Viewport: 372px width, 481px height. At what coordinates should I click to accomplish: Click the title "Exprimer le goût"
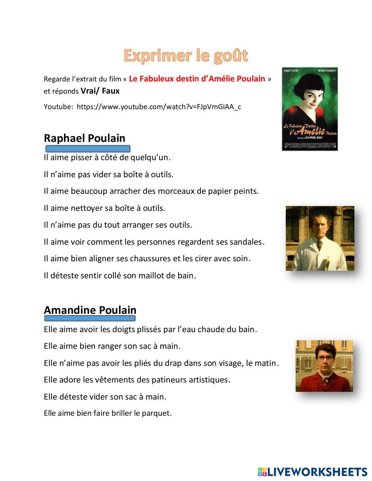[186, 55]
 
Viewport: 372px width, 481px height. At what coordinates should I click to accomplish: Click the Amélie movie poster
[310, 109]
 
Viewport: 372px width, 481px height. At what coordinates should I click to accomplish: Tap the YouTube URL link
[159, 107]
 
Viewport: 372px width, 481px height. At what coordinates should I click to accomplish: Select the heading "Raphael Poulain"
[84, 138]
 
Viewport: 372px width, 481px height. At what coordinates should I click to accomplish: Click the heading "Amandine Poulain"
[90, 310]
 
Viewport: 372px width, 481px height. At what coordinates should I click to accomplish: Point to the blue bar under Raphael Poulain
[87, 149]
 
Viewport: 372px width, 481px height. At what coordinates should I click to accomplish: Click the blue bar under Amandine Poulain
[90, 319]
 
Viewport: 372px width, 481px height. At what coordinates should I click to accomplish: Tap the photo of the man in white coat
[320, 238]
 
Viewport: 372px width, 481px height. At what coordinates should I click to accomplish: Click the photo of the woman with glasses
[324, 366]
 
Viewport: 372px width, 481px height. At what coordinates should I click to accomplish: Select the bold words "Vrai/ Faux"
[100, 91]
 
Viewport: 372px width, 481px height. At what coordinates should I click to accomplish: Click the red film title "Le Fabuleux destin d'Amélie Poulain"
[197, 79]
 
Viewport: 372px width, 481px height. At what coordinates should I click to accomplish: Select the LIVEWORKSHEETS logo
[312, 472]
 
